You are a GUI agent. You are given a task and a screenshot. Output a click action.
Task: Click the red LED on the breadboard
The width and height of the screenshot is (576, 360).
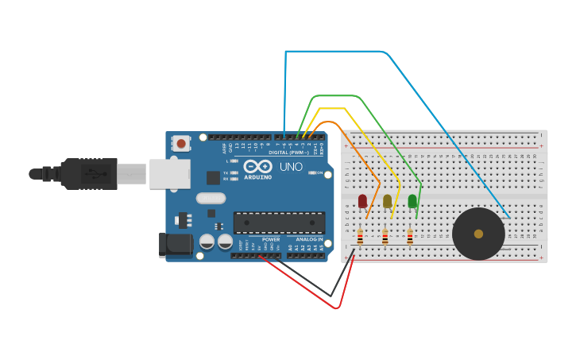[362, 200]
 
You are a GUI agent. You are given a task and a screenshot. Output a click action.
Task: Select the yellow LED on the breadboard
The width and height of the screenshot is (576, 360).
[388, 200]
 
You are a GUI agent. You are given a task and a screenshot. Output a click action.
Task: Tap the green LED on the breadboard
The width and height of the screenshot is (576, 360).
[412, 200]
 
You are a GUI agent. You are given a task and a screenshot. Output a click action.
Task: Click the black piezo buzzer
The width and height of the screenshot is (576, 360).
[478, 234]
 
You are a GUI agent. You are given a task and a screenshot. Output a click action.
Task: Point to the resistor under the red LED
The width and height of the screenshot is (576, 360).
[360, 237]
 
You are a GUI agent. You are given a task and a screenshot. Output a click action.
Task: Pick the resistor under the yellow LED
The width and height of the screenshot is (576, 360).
[385, 237]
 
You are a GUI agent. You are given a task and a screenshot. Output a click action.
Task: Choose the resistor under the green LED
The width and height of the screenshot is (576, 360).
[410, 237]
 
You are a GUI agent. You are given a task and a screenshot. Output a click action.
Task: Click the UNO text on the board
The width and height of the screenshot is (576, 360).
[291, 167]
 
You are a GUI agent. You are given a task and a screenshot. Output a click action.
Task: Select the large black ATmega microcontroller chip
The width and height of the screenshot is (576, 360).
[279, 223]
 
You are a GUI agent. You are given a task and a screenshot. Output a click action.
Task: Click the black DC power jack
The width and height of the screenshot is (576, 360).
[176, 244]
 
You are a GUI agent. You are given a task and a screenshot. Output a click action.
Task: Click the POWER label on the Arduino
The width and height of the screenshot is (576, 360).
[271, 239]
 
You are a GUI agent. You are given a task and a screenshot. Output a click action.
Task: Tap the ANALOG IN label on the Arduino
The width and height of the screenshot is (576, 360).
[310, 239]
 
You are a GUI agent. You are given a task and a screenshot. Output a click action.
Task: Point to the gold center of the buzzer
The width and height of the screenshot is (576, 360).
[478, 234]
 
